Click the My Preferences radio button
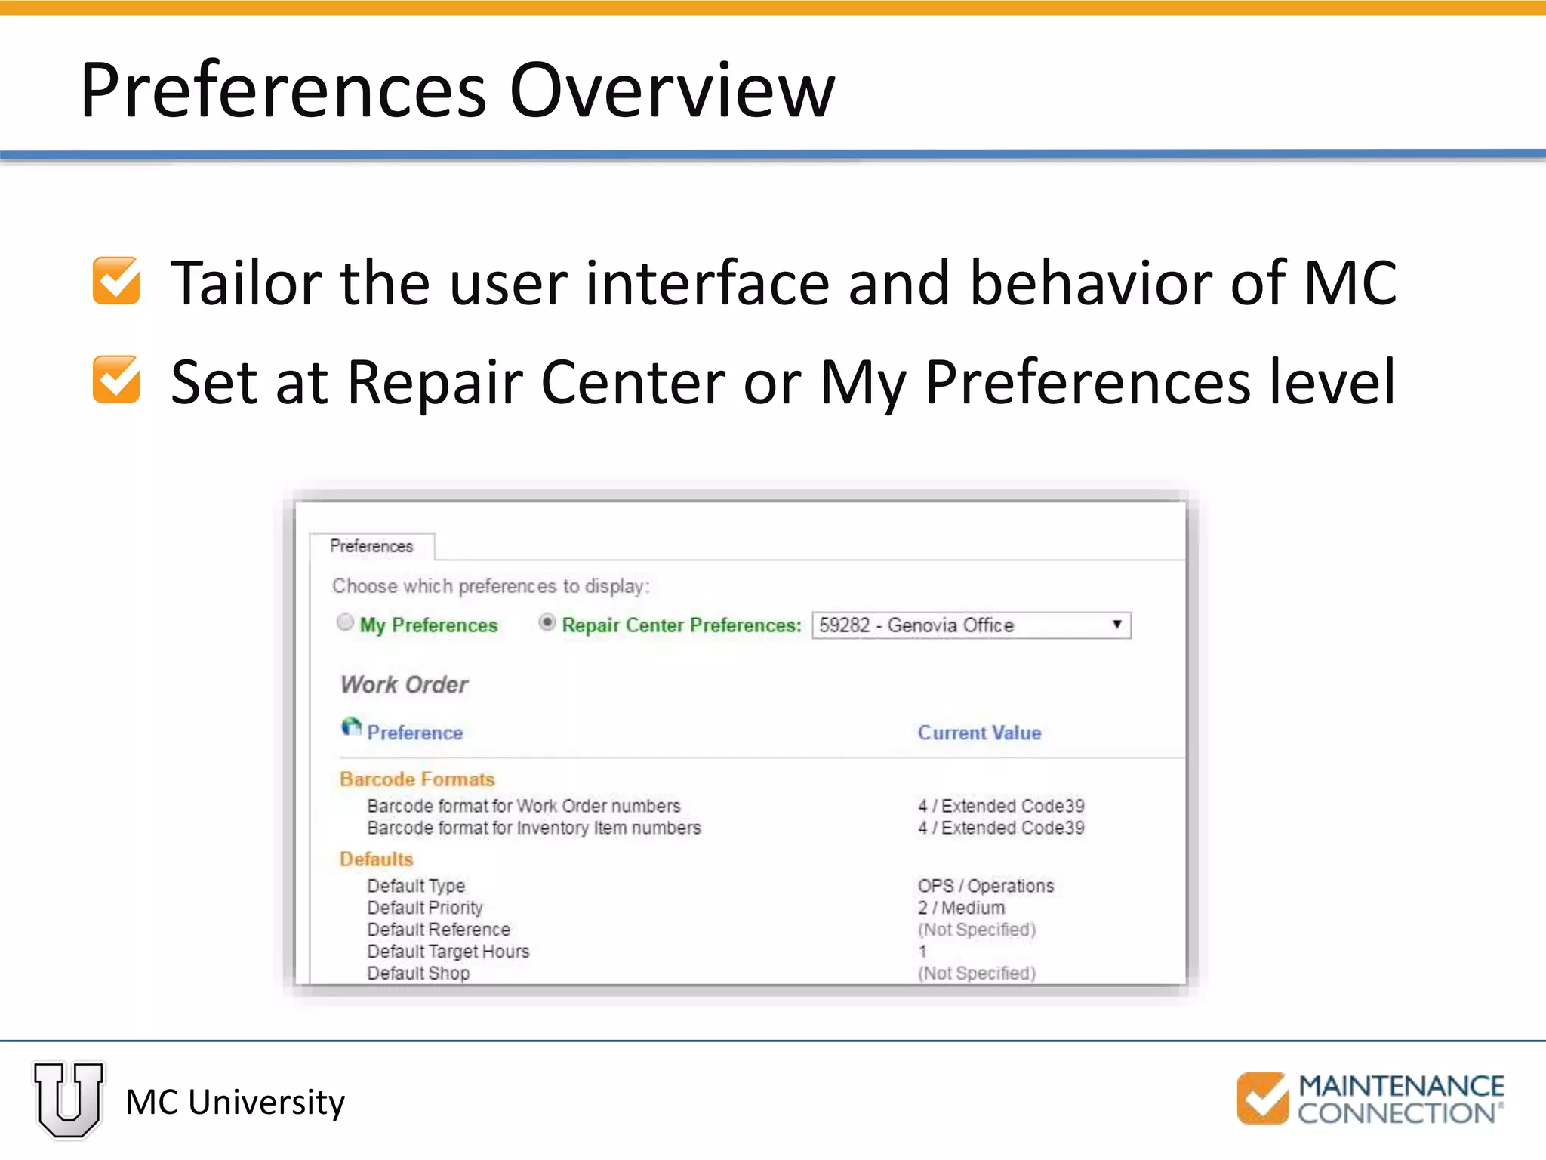[345, 622]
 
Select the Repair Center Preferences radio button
[547, 622]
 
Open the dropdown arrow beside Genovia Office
[1116, 625]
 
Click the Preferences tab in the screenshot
[371, 546]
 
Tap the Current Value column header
[979, 733]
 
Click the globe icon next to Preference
[351, 727]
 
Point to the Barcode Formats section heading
[417, 779]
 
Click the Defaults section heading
[377, 859]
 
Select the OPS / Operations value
[985, 886]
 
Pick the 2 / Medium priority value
[961, 908]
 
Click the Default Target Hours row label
[448, 952]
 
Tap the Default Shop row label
[418, 973]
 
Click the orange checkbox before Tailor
[116, 281]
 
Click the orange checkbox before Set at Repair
[116, 380]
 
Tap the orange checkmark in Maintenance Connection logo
[1262, 1098]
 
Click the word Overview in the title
[672, 91]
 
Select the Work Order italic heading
[404, 684]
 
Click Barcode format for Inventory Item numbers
[534, 828]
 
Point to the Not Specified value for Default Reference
[976, 930]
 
